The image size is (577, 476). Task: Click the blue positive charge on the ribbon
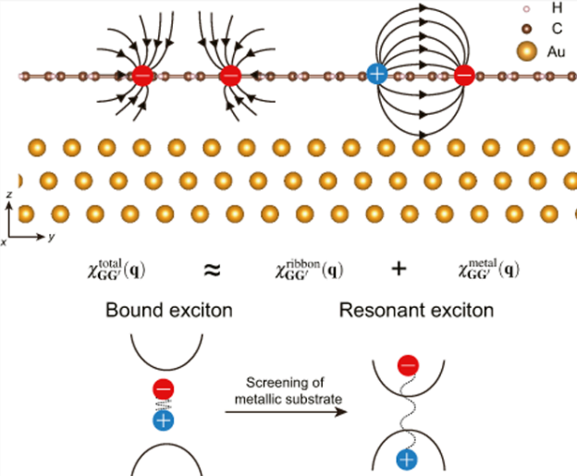tap(376, 73)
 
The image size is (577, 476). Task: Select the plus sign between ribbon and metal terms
tap(399, 270)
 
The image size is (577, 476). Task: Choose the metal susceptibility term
tap(490, 270)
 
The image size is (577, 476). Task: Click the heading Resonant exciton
tap(417, 311)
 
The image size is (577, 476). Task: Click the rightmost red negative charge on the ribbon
tap(465, 74)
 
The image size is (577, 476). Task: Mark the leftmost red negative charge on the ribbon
tap(143, 75)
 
